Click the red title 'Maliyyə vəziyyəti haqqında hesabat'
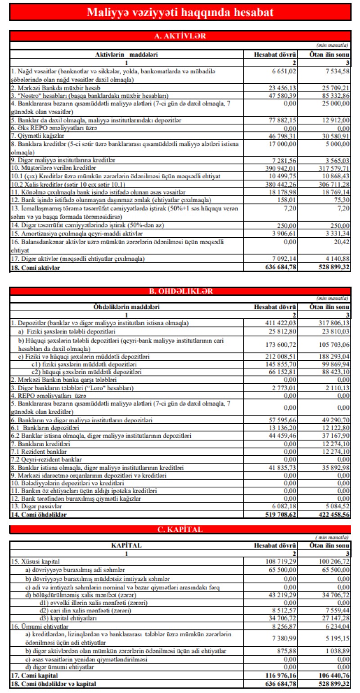coord(180,12)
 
